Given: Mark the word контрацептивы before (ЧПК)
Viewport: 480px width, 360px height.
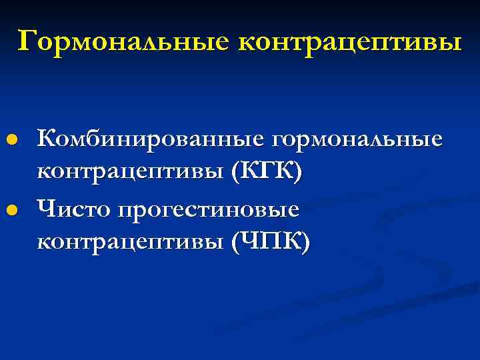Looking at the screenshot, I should [x=131, y=243].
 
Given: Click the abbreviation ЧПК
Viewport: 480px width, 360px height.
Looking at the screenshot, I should [x=270, y=243].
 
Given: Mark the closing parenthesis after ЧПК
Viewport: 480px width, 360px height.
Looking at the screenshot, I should [x=305, y=243].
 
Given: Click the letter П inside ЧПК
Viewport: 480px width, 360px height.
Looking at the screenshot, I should [x=269, y=243].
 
